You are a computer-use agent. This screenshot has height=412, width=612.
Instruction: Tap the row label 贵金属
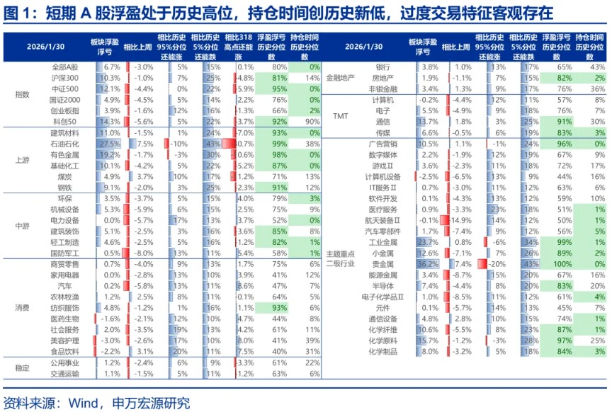click(x=384, y=263)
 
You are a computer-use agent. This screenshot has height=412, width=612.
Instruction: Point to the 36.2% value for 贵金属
click(x=427, y=263)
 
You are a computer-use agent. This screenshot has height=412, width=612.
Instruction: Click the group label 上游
click(x=22, y=159)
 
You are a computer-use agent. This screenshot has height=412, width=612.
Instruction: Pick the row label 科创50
click(x=68, y=121)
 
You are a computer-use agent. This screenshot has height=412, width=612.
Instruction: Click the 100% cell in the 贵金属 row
click(x=555, y=263)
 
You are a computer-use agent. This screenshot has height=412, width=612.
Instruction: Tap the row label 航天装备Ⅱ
click(x=382, y=219)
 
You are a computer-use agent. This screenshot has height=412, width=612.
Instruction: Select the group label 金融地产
click(x=340, y=78)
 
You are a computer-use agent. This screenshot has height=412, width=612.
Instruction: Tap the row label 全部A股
click(x=66, y=67)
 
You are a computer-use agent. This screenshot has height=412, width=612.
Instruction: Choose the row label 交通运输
click(x=65, y=373)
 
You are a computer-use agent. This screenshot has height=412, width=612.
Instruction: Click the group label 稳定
click(x=22, y=367)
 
